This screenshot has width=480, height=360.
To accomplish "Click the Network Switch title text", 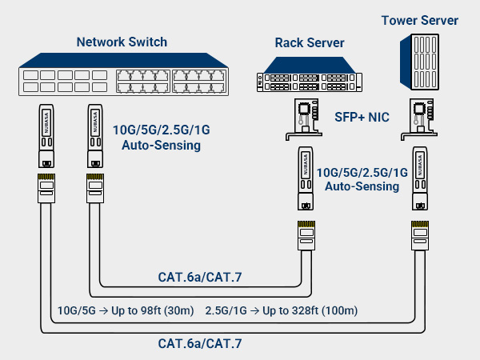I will [x=122, y=42].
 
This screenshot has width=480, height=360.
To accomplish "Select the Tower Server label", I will [x=419, y=20].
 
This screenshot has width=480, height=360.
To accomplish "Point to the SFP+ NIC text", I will [x=362, y=118].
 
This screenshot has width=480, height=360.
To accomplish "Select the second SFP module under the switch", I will [x=94, y=133].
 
